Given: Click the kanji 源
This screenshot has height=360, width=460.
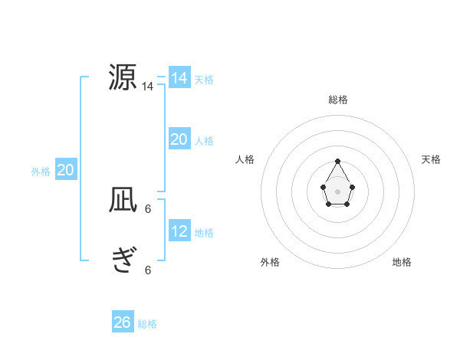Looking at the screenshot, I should tap(123, 77).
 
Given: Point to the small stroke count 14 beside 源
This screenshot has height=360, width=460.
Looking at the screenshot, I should tap(148, 87).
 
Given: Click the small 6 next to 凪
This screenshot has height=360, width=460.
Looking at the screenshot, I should tap(148, 208).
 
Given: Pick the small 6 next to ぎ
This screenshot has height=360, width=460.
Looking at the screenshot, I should tap(148, 270).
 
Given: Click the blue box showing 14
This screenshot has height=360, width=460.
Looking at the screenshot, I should tap(179, 78).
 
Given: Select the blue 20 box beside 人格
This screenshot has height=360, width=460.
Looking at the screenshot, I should tap(179, 139).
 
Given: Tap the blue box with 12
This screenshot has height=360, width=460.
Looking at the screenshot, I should tap(179, 231).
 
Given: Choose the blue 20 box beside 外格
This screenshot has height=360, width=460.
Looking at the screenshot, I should tap(65, 171).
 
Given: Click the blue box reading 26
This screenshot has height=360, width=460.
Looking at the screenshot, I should tap(123, 322).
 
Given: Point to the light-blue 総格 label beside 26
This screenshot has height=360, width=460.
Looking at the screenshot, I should tap(147, 324).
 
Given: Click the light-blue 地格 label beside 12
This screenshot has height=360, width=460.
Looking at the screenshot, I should tap(204, 233).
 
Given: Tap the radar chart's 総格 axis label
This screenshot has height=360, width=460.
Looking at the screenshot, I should tap(338, 100).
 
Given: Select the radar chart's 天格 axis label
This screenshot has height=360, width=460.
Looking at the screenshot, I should tap(431, 159).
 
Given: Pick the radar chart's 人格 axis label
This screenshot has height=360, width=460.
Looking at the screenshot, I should tap(245, 159).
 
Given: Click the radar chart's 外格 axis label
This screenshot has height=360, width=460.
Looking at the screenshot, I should tap(270, 262).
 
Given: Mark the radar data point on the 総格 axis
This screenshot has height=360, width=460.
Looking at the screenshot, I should tap(338, 161).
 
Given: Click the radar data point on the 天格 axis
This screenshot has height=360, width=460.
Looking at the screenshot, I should tap(352, 187).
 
